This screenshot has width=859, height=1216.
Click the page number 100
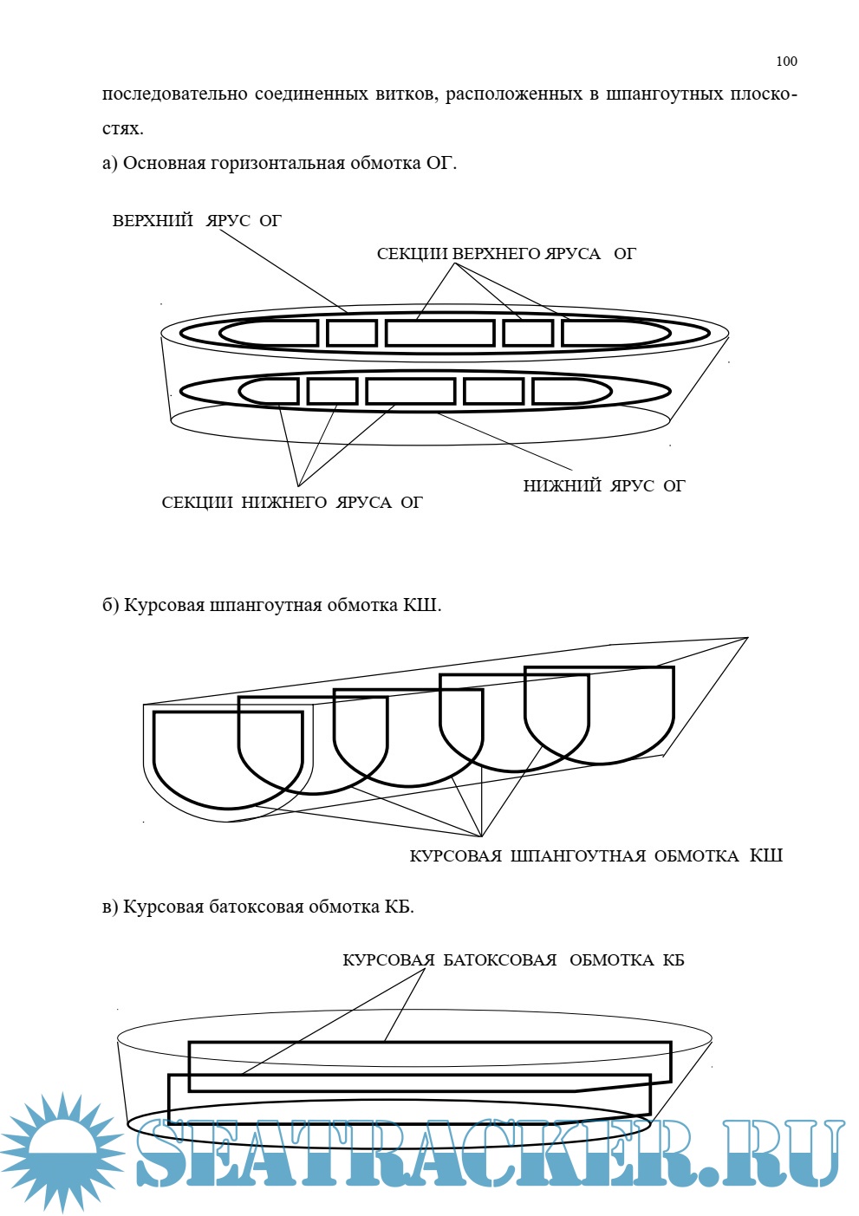[786, 61]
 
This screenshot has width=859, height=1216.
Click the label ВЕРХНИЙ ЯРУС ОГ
[197, 221]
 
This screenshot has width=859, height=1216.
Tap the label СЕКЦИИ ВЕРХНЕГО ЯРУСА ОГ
[506, 254]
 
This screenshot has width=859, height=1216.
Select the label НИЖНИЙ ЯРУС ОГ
[603, 486]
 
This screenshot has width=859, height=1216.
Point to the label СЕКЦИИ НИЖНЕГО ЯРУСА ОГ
[292, 503]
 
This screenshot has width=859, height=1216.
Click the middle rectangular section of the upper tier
[440, 333]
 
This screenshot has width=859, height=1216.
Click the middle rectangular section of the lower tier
[411, 391]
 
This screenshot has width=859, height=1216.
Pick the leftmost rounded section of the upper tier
[269, 333]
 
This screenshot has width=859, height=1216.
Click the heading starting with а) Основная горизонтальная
[279, 163]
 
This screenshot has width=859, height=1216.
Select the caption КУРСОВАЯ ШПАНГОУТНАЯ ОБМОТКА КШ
[595, 856]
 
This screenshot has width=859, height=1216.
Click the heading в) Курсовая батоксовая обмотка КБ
[258, 907]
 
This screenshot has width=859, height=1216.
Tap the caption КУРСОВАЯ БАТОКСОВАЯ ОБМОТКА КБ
[513, 960]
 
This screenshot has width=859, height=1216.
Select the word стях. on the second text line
[122, 128]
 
